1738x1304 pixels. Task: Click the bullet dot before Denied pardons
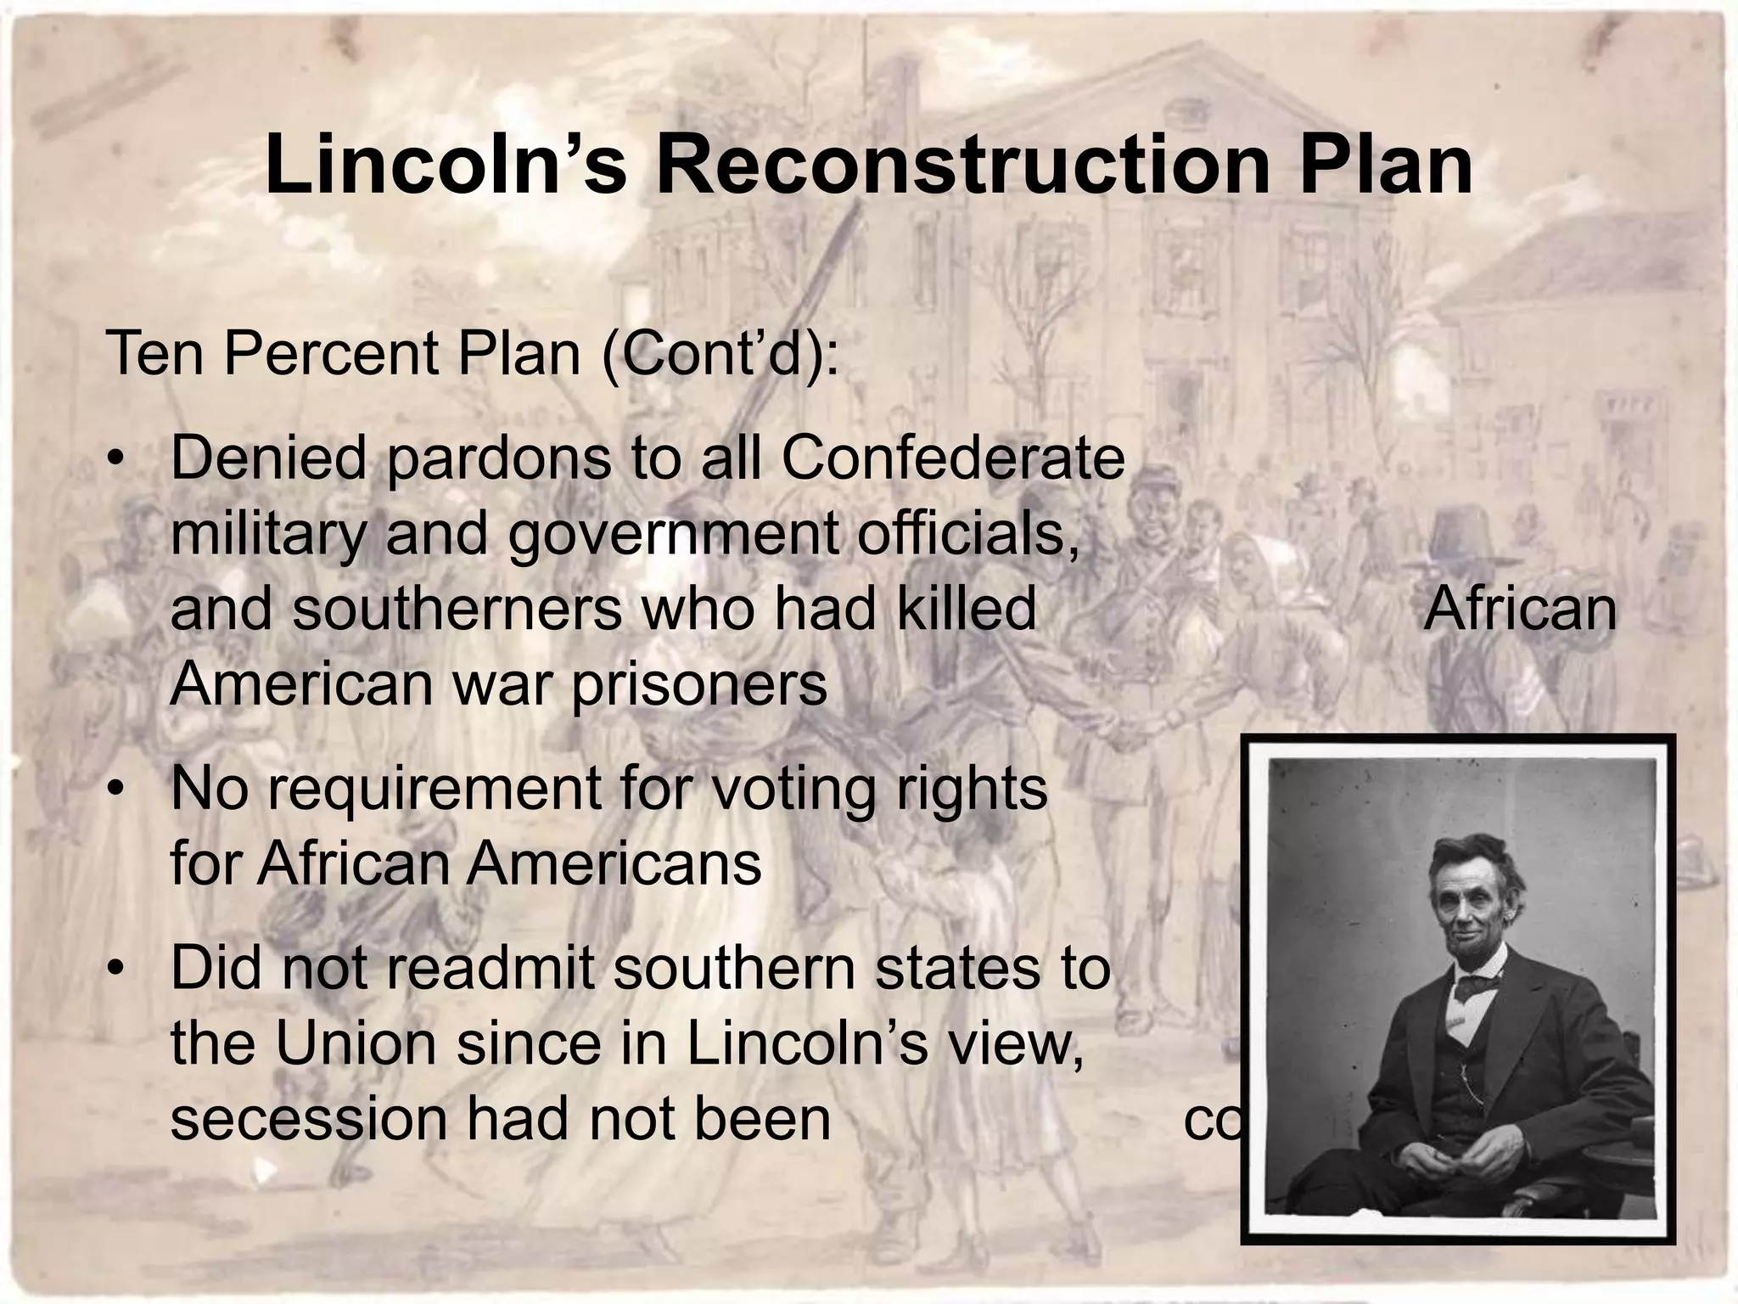pyautogui.click(x=116, y=460)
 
